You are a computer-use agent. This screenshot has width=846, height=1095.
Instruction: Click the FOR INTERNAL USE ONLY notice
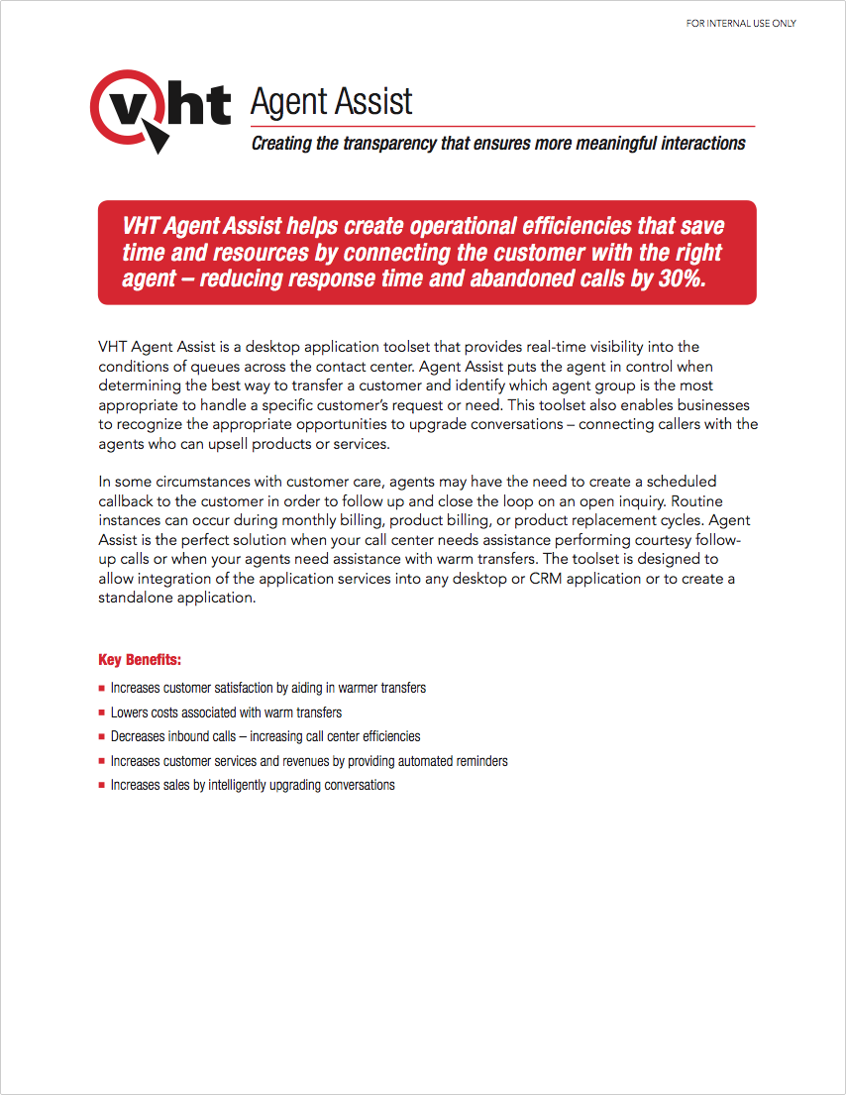point(741,23)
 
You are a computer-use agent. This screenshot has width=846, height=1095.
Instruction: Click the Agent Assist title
point(331,101)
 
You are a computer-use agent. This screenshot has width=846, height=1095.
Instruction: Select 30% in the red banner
point(680,278)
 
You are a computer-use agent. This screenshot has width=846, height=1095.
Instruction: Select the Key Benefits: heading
point(140,660)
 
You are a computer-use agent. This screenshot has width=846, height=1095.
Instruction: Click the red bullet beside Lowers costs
point(102,713)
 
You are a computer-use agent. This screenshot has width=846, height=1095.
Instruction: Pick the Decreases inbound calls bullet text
point(265,737)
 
